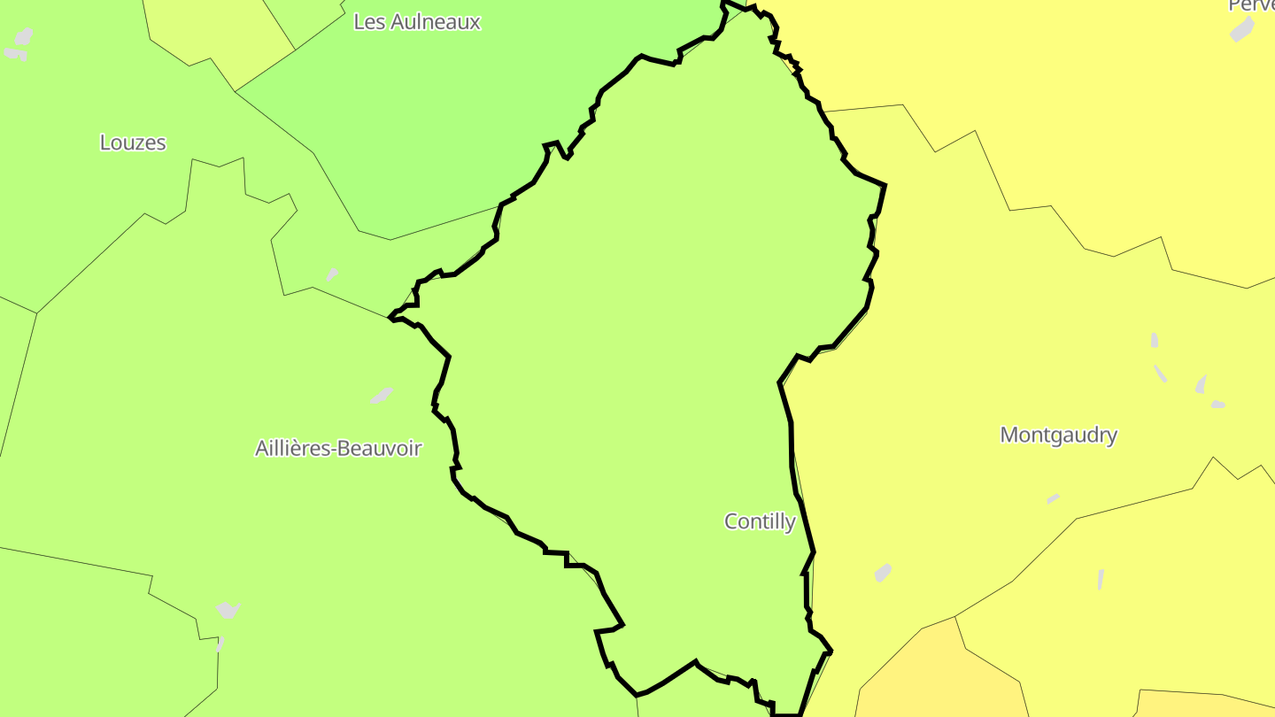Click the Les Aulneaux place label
point(416,22)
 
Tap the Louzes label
point(133,143)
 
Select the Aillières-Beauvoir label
point(338,448)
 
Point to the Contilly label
point(760,521)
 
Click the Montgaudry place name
point(1058,435)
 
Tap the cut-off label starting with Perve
point(1251,5)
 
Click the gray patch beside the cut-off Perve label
point(1242,29)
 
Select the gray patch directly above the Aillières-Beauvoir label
point(382,395)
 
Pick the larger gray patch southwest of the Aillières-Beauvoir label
point(228,610)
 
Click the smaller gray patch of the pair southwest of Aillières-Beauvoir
point(220,644)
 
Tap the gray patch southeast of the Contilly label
point(883,573)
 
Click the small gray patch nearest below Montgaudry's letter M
point(1053,499)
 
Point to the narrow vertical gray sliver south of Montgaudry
point(1101,579)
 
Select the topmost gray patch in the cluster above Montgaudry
point(1155,340)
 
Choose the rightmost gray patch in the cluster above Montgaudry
point(1218,405)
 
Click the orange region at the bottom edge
point(939,682)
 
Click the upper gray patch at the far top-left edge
point(24,36)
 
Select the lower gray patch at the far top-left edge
point(14,54)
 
